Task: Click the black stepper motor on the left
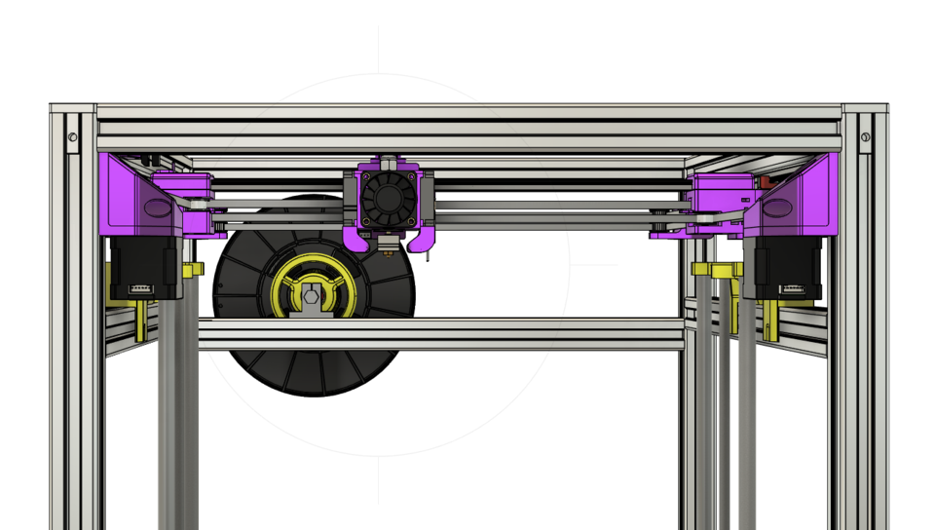point(144,268)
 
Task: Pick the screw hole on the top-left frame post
point(73,138)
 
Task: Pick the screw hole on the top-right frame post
point(865,138)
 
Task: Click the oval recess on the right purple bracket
point(779,207)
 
